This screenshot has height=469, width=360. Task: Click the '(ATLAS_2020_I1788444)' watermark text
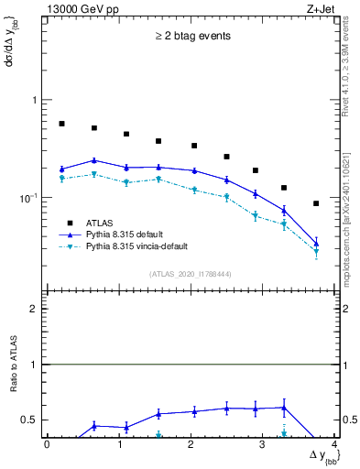click(190, 272)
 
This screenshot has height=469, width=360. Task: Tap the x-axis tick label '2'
click(191, 445)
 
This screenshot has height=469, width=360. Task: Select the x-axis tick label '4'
click(334, 445)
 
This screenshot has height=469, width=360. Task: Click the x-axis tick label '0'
click(47, 445)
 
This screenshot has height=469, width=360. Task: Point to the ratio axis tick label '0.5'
click(29, 420)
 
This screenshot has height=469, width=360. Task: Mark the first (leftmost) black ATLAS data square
click(61, 124)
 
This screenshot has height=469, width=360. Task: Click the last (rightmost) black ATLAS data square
click(316, 203)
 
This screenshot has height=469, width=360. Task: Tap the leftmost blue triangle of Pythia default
click(61, 169)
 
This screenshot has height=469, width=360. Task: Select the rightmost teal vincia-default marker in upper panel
click(316, 251)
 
